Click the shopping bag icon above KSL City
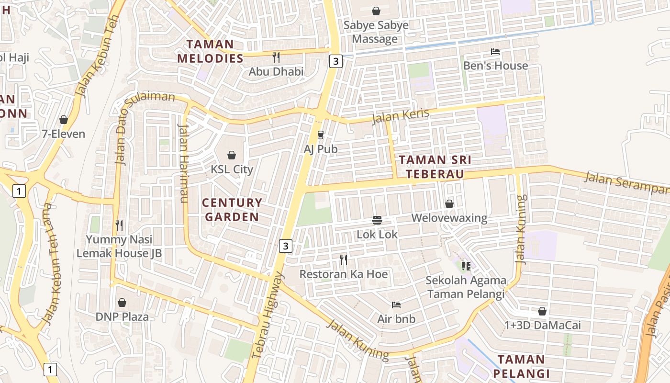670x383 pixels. (x=232, y=155)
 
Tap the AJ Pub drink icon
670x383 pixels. (x=321, y=135)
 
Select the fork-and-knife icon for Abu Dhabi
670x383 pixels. (x=276, y=57)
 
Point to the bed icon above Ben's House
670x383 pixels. (x=495, y=52)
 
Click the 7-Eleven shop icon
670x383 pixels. (x=64, y=120)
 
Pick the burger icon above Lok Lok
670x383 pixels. (x=377, y=220)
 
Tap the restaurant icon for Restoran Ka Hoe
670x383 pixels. (x=344, y=260)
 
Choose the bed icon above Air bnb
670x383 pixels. (x=396, y=304)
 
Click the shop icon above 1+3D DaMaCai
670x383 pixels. (x=542, y=311)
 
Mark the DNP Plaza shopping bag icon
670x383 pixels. (x=122, y=303)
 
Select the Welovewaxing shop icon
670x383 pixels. (x=449, y=204)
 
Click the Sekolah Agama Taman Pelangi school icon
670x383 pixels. (x=466, y=266)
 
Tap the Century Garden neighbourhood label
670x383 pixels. (x=232, y=210)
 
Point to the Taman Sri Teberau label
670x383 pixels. (x=435, y=167)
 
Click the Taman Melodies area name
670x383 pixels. (x=210, y=52)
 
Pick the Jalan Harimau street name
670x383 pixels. (x=183, y=163)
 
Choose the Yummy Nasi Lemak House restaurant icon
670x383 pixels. (x=119, y=225)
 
